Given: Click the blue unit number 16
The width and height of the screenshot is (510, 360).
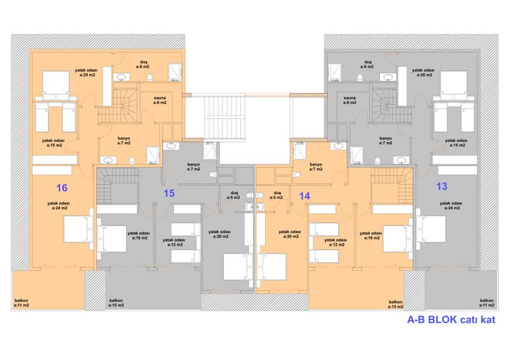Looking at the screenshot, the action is coord(62,187).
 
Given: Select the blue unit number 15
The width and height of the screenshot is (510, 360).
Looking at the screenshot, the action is coord(169,193).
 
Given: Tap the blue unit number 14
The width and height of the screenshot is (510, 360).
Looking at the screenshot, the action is coord(305,196).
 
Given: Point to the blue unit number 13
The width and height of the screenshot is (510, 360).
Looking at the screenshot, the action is coord(442,186).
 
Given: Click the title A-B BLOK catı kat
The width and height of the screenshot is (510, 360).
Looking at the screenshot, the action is coord(451,319).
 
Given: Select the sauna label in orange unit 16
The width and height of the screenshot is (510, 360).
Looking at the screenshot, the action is coord(160,100).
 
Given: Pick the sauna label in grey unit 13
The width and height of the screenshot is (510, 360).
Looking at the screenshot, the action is coord(349,100).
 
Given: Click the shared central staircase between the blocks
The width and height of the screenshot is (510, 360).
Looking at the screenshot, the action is coord(224,117).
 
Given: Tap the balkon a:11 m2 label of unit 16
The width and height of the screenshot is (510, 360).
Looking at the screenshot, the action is coord(22,303).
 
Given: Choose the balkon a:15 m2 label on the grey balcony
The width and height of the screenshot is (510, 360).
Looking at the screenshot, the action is coord(116,303).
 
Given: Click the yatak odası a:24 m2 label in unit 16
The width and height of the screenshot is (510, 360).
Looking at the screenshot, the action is coord(58,206).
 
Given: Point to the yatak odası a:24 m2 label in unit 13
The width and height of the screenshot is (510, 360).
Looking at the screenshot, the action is coord(451,206).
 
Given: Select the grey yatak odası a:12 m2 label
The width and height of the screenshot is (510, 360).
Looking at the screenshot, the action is coord(174,242).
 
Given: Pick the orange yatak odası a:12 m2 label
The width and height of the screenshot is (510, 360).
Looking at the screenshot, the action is coord(335,242).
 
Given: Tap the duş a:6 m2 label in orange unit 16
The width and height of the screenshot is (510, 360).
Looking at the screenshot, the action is coord(143,64).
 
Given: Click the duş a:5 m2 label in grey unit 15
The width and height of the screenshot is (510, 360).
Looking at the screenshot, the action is coord(233,195).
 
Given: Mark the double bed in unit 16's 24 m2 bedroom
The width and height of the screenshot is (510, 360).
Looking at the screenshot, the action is coord(78,229).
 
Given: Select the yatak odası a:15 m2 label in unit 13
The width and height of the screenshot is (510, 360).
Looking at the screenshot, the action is coord(456,143).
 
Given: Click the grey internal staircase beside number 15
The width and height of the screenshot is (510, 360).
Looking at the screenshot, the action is coord(117,185).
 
